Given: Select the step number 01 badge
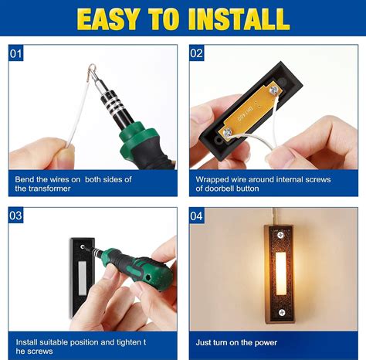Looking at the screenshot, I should [x=17, y=53].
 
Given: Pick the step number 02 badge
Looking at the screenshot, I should [x=197, y=53].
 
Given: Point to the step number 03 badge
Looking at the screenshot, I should [x=17, y=216].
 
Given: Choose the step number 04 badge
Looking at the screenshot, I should [x=197, y=216].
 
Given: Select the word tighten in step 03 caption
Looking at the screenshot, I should [x=132, y=341].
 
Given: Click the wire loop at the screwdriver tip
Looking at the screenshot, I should [x=91, y=71].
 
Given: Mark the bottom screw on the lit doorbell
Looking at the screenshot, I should [x=282, y=311].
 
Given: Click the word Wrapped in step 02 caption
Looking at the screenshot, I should [x=213, y=179].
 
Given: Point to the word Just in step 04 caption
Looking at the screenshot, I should [x=204, y=341].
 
